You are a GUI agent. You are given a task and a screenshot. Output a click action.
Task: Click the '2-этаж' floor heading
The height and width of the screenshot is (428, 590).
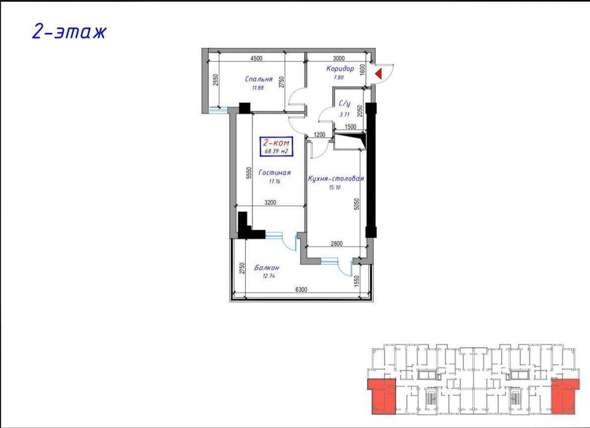(x=69, y=31)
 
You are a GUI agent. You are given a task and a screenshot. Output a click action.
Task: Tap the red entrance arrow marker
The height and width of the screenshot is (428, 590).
(x=380, y=74)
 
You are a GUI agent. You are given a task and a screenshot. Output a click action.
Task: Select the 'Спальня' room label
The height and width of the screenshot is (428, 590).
(x=259, y=79)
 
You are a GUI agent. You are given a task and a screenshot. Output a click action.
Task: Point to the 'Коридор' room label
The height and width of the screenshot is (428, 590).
(x=340, y=69)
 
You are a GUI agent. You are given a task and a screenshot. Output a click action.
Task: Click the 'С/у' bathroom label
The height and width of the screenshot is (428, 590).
(x=344, y=104)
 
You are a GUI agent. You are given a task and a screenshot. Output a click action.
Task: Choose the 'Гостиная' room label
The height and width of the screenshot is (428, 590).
(x=274, y=173)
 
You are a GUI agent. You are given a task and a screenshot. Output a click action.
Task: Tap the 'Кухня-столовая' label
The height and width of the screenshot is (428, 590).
(x=336, y=179)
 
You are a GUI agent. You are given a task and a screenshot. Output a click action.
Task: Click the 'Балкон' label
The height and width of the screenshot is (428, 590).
(x=268, y=268)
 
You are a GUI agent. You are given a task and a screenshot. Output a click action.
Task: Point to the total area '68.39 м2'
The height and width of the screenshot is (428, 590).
(x=276, y=151)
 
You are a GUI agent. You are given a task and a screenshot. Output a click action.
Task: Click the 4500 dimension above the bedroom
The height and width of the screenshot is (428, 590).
(x=256, y=59)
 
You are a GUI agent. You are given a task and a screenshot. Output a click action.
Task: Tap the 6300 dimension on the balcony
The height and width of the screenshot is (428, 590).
(x=301, y=290)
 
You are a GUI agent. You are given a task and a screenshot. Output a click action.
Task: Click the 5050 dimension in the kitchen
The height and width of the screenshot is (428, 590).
(x=356, y=204)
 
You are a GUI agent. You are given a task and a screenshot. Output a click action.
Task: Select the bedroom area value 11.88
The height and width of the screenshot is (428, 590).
(x=258, y=88)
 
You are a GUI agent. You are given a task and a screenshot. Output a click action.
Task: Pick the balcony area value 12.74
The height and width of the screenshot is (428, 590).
(x=268, y=277)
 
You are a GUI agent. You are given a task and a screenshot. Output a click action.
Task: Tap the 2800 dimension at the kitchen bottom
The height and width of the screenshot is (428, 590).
(x=336, y=244)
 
